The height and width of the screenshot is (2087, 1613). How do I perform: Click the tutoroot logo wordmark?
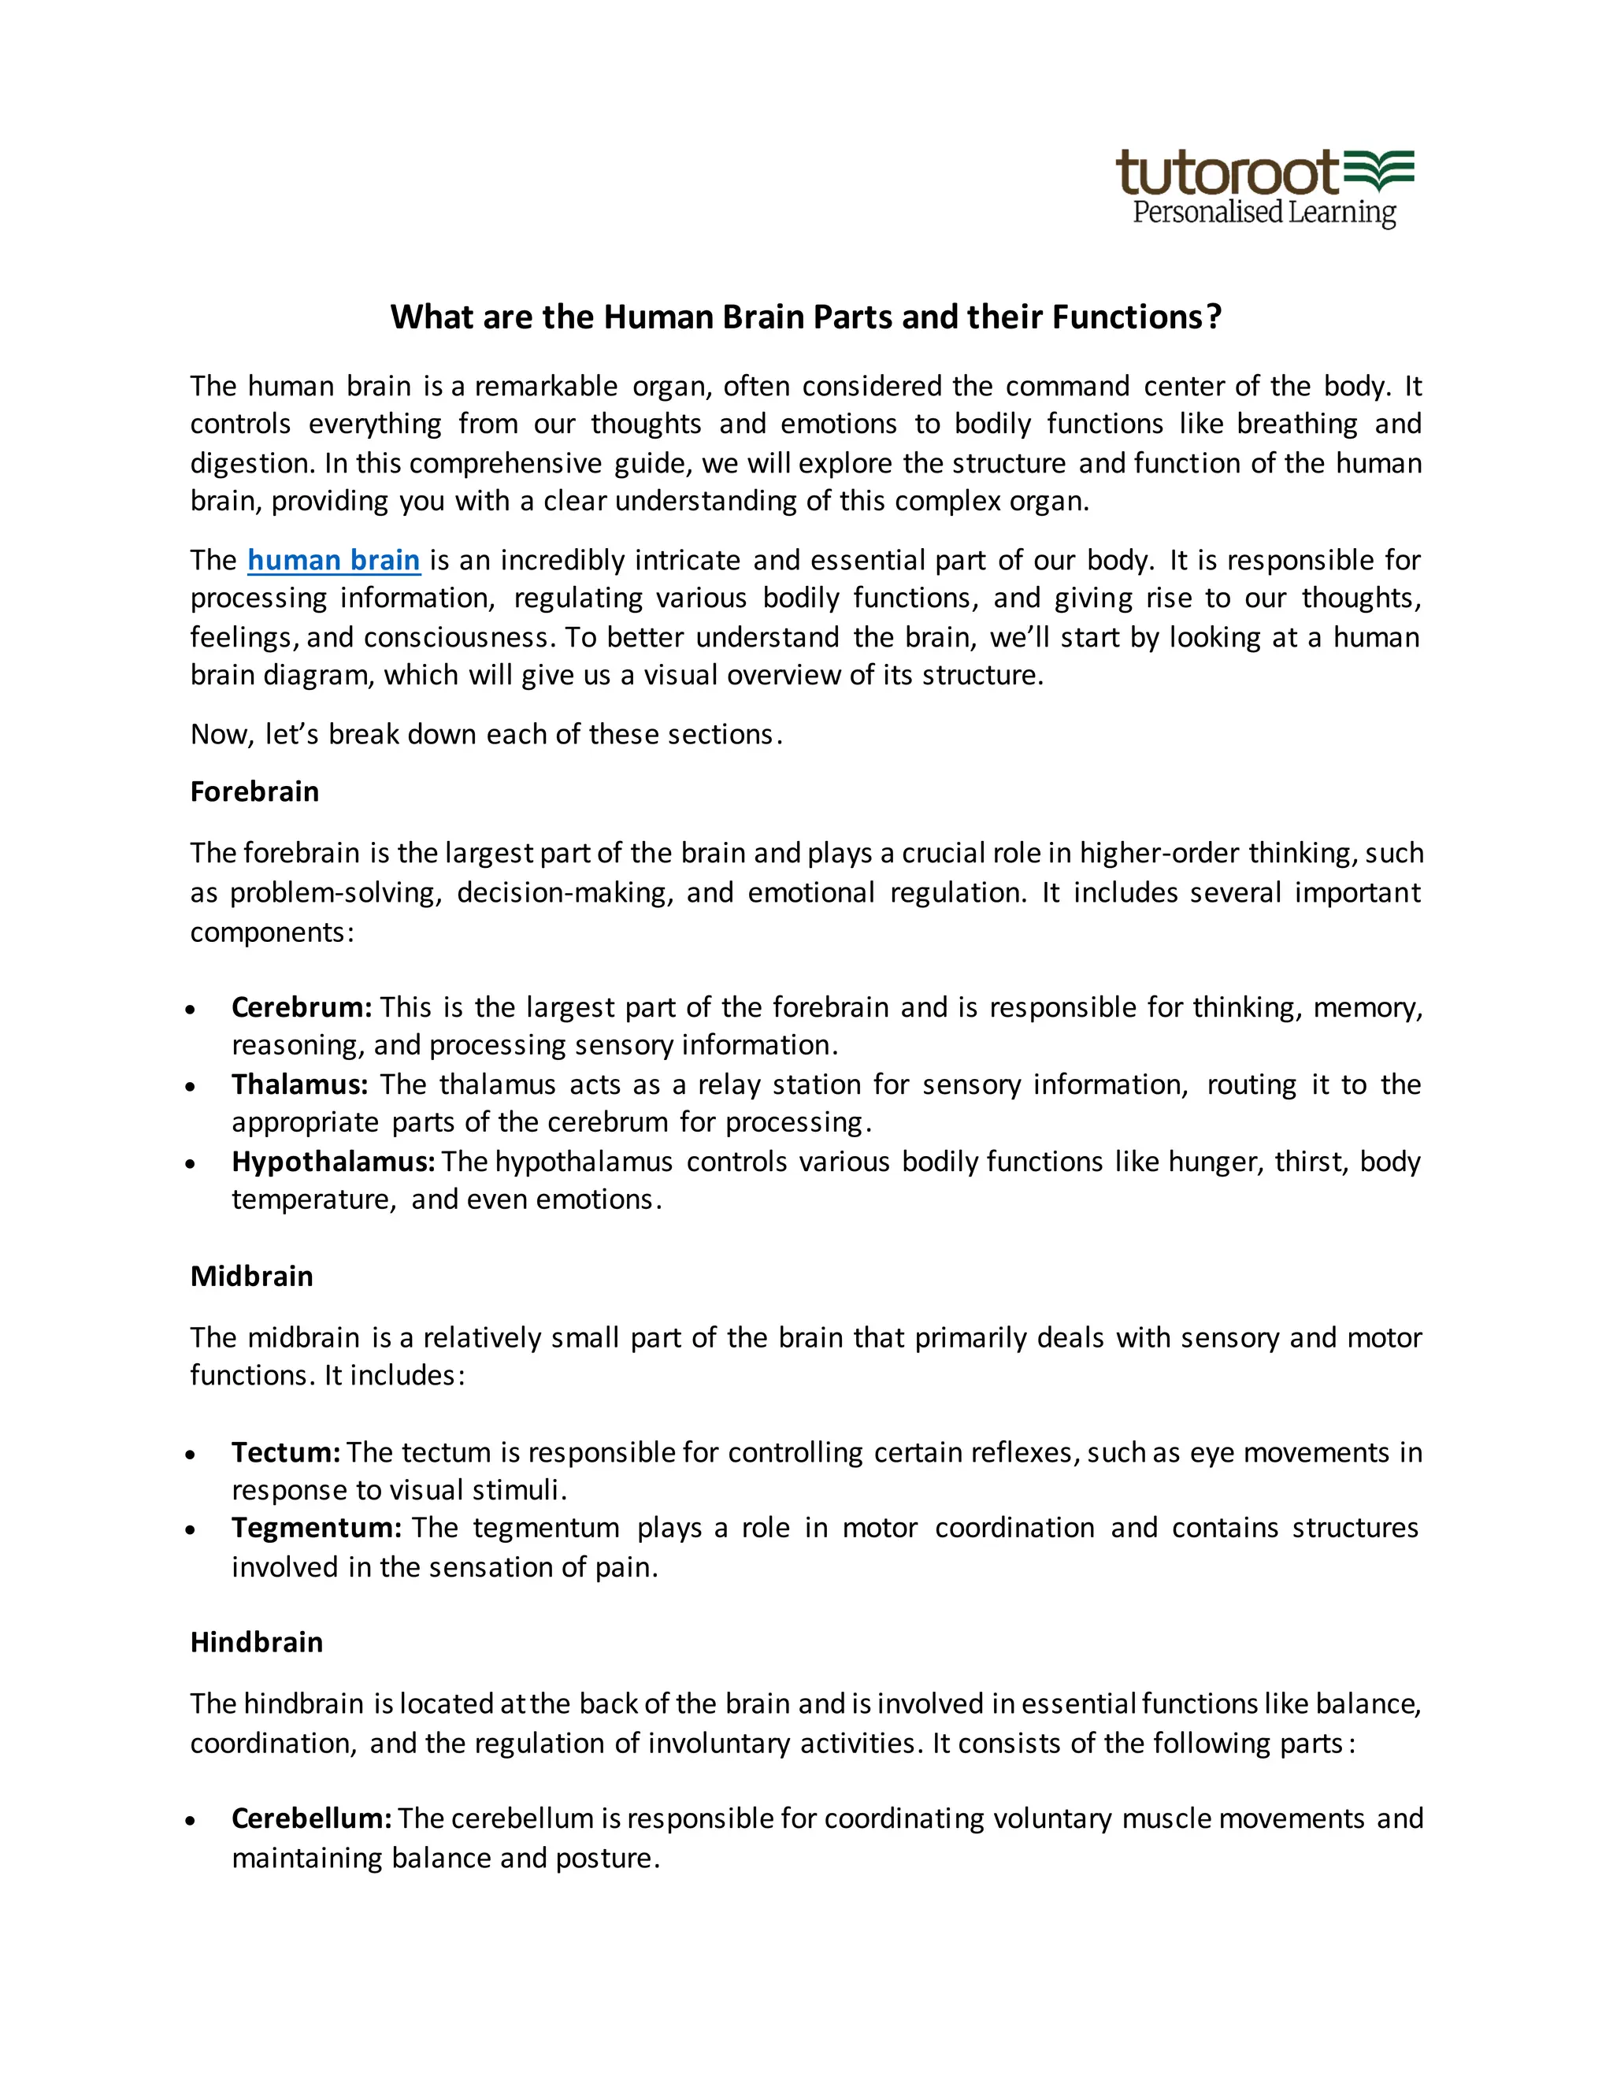tap(1229, 173)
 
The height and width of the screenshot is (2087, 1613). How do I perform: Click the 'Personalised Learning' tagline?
tap(1263, 212)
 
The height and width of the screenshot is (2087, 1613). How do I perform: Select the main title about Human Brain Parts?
tap(806, 317)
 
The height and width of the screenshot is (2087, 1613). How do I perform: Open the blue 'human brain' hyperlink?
tap(333, 560)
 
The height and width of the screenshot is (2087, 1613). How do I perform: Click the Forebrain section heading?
tap(254, 791)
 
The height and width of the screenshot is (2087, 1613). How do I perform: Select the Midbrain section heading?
tap(251, 1276)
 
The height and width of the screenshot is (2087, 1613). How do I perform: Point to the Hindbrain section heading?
tap(256, 1642)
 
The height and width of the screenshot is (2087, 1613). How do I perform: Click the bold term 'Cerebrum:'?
tap(302, 1007)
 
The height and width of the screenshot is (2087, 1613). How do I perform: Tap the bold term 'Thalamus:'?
tap(299, 1084)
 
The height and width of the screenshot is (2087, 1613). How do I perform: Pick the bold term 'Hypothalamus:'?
tap(333, 1161)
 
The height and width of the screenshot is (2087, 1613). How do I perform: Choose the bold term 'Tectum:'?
tap(286, 1452)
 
